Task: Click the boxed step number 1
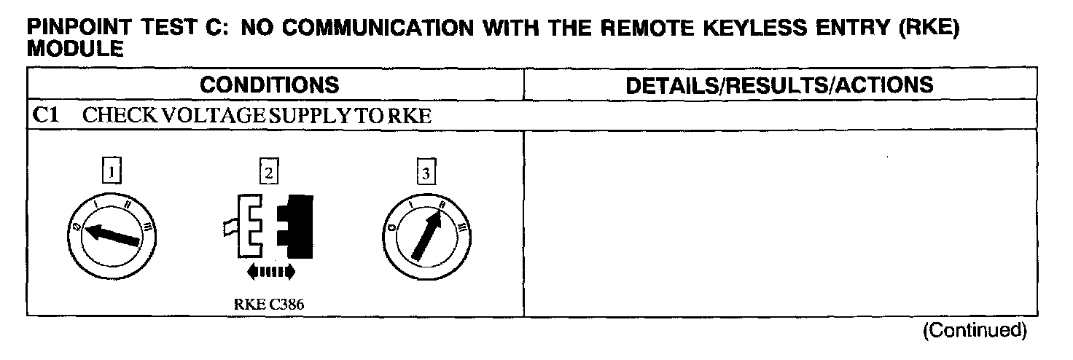click(110, 173)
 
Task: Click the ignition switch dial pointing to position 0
click(112, 236)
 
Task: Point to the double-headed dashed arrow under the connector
click(270, 272)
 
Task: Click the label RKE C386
click(268, 305)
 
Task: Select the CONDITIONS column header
click(270, 85)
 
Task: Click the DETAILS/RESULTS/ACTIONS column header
click(780, 85)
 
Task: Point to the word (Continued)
click(975, 330)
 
